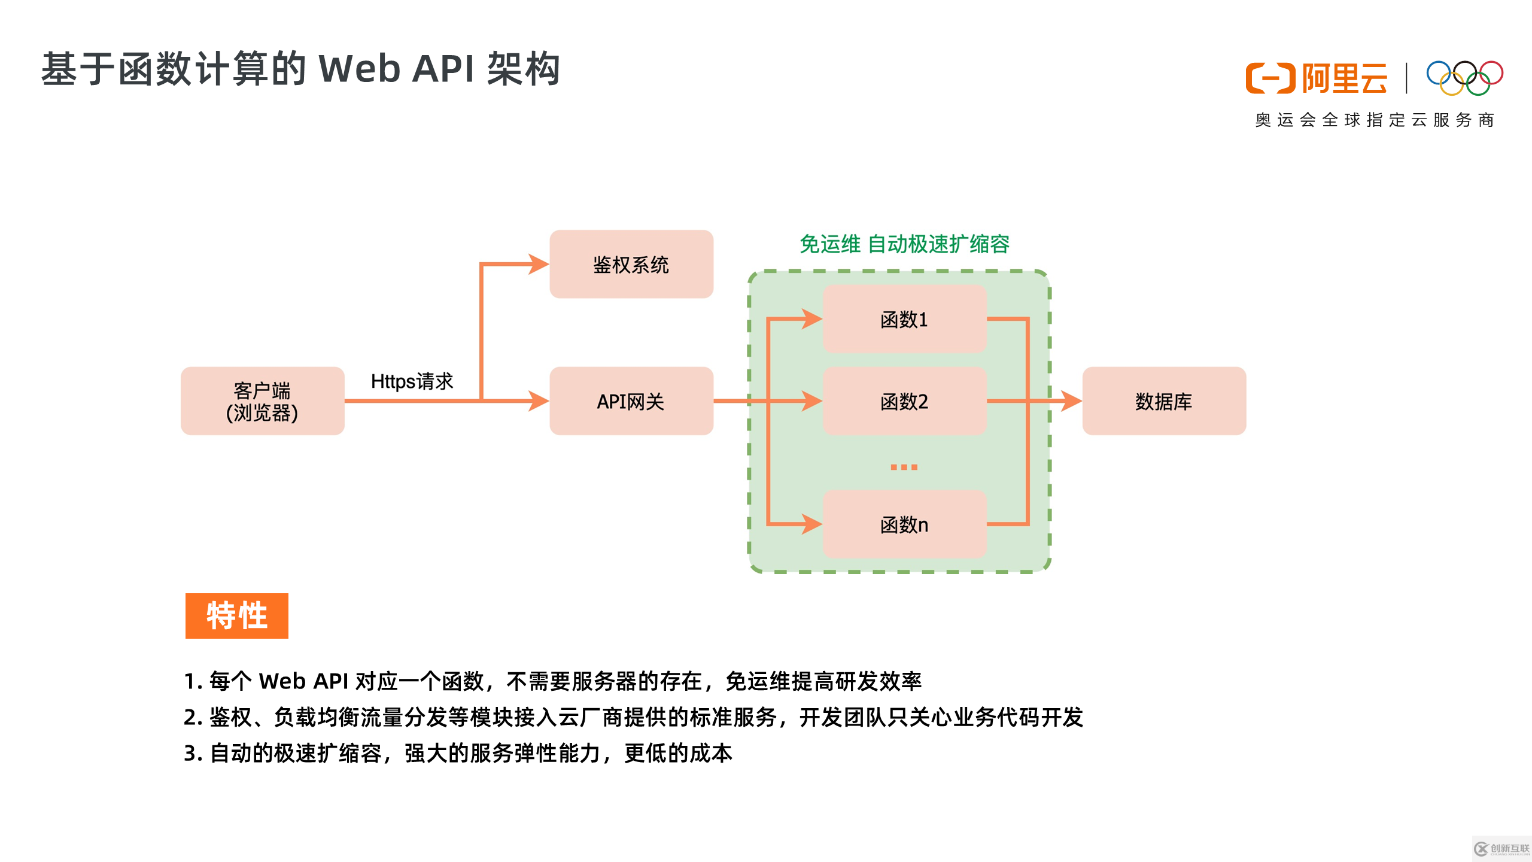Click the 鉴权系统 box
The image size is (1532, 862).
pyautogui.click(x=631, y=264)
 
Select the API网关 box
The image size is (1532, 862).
pyautogui.click(x=631, y=401)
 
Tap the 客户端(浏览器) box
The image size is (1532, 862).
pyautogui.click(x=262, y=401)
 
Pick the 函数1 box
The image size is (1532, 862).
pyautogui.click(x=904, y=319)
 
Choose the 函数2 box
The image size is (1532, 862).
pyautogui.click(x=904, y=401)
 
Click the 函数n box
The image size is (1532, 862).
pyautogui.click(x=904, y=524)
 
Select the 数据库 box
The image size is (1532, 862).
pyautogui.click(x=1163, y=401)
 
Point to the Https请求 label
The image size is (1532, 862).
pyautogui.click(x=412, y=381)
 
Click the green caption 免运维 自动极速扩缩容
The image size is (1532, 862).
pyautogui.click(x=904, y=244)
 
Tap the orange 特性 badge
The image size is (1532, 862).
pyautogui.click(x=236, y=615)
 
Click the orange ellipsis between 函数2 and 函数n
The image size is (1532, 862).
pyautogui.click(x=904, y=467)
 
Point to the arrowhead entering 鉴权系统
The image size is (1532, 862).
pyautogui.click(x=538, y=264)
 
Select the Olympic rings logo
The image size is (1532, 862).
pyautogui.click(x=1464, y=78)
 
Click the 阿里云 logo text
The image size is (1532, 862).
pyautogui.click(x=1344, y=78)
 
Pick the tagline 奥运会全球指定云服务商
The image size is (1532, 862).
pyautogui.click(x=1374, y=120)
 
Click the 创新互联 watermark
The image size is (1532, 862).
pyautogui.click(x=1501, y=849)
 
